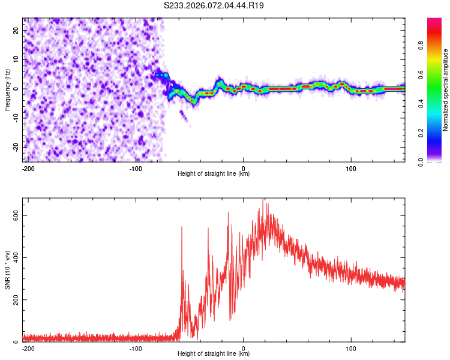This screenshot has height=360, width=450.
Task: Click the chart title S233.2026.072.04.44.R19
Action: point(214,5)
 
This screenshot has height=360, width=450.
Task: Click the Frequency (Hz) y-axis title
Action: point(7,89)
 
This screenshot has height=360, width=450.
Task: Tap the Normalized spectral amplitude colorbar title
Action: point(446,90)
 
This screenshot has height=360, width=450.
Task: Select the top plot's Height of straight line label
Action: point(214,174)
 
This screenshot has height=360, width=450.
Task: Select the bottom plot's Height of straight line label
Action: point(214,354)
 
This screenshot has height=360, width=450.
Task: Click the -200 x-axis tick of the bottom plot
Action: point(28,348)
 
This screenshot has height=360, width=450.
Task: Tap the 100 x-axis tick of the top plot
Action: point(350,169)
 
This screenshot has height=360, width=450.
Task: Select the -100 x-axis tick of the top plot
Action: point(136,169)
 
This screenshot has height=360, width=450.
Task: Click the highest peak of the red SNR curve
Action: point(262,199)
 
